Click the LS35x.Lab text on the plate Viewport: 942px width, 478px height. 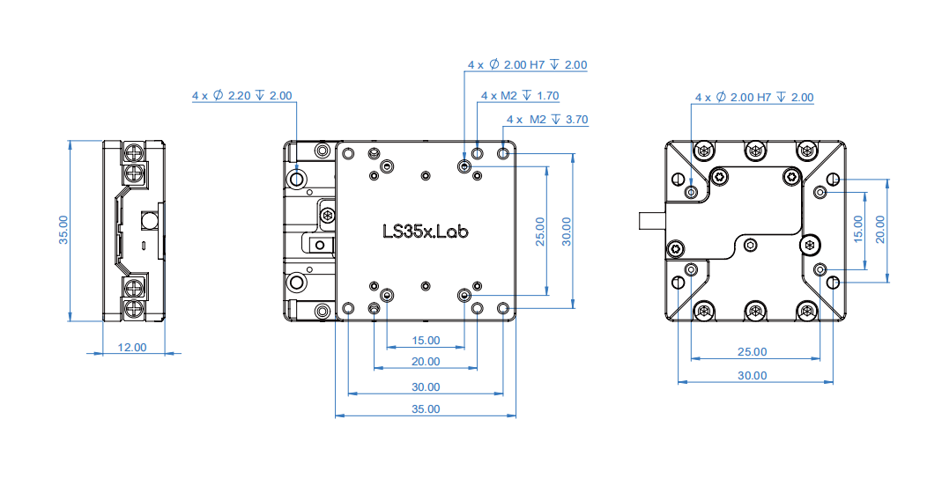point(425,232)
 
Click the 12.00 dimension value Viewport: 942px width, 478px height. point(132,348)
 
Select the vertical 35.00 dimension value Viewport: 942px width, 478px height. point(63,231)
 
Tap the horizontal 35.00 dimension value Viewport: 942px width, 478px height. point(425,408)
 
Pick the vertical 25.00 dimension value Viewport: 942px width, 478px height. point(540,231)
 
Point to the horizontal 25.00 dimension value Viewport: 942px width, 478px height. point(751,351)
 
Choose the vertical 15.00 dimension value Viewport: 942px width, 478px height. point(858,230)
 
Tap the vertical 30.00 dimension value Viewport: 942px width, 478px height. point(567,231)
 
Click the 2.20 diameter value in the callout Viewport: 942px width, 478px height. point(239,96)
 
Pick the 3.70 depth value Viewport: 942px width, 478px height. point(575,119)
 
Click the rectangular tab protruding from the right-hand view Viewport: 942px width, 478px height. point(650,220)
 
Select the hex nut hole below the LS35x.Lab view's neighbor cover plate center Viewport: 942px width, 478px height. point(750,245)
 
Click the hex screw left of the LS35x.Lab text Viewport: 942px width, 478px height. point(328,215)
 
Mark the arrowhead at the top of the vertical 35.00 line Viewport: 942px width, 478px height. point(70,143)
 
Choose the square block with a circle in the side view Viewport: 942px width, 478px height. point(149,217)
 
